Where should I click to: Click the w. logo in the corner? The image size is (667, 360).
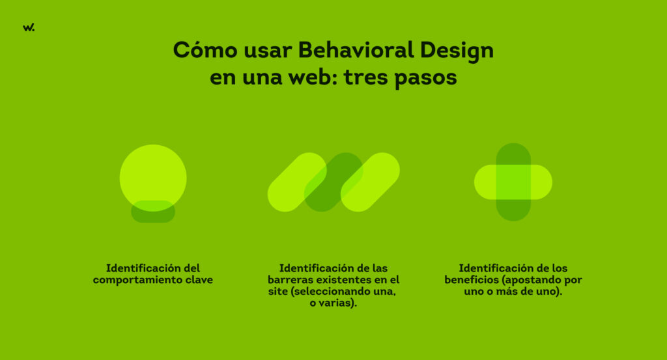(x=28, y=27)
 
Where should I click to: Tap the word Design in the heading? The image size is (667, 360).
(x=457, y=50)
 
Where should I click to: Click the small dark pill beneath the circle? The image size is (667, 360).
(x=153, y=216)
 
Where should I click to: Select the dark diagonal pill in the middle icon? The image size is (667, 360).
(x=333, y=182)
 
